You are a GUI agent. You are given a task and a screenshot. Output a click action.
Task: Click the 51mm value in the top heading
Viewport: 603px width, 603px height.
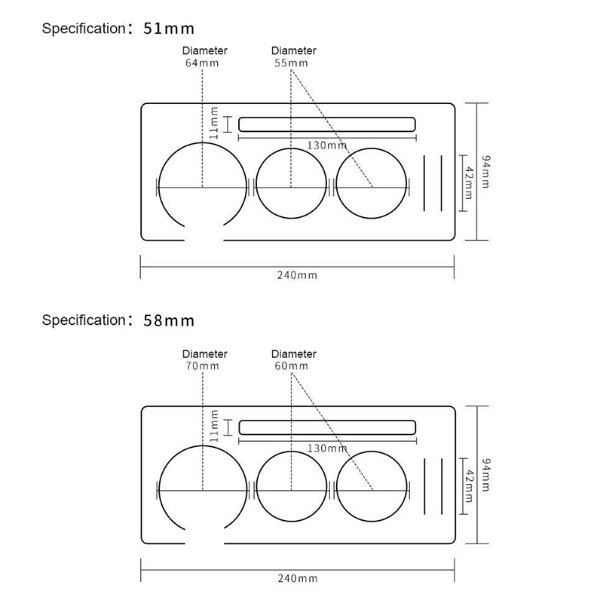pos(168,29)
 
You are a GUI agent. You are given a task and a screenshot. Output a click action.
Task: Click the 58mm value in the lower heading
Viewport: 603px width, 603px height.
pos(168,321)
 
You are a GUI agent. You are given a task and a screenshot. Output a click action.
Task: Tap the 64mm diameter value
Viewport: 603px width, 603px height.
pos(202,63)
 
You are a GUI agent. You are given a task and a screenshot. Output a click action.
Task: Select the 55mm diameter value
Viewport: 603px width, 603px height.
pos(291,63)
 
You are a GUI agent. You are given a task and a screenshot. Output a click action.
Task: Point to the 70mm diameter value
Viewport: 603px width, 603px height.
pos(202,366)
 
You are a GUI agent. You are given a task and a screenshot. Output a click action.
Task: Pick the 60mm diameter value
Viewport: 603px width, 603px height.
pos(292,366)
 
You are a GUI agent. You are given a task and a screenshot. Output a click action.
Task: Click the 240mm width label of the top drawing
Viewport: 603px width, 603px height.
pos(297,275)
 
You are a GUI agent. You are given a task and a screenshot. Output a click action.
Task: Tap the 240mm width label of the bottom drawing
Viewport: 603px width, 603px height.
pos(298,578)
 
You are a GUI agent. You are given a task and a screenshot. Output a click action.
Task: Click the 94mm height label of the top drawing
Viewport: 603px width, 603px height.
pos(486,172)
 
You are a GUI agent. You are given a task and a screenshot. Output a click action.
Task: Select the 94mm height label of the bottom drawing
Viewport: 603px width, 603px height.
pos(486,475)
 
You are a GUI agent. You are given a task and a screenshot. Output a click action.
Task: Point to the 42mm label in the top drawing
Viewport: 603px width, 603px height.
pos(469,182)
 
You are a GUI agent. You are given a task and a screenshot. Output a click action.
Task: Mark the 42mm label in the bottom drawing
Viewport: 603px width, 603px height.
pos(469,485)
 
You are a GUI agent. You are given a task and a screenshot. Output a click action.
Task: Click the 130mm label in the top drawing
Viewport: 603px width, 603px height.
pos(327,145)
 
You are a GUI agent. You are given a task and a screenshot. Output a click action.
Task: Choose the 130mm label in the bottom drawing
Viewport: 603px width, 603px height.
pos(327,448)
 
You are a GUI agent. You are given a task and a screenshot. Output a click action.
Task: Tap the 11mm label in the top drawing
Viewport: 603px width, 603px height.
pos(214,123)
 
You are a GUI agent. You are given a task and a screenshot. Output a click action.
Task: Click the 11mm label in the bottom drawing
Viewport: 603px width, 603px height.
pos(214,426)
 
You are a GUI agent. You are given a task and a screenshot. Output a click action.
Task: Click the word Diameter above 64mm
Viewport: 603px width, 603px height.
pos(204,51)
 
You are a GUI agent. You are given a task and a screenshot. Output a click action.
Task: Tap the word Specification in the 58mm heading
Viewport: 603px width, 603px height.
pos(84,320)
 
